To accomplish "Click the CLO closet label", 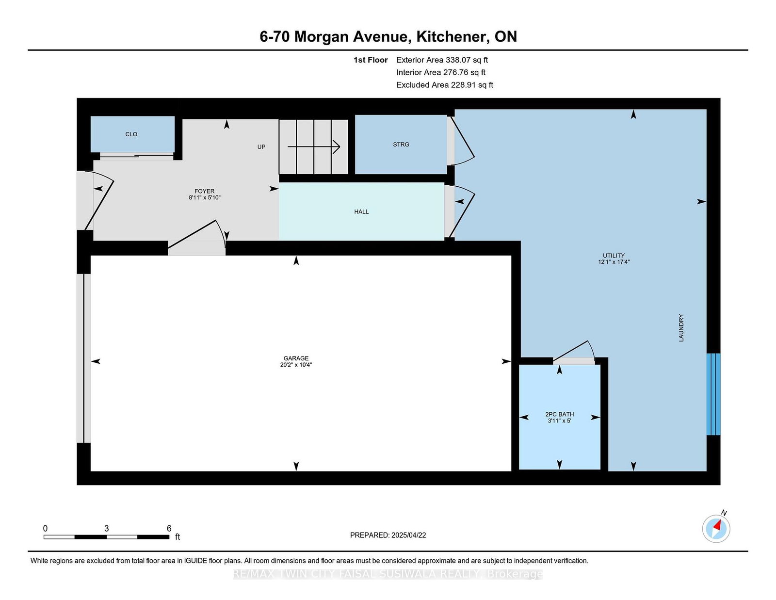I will (x=131, y=134).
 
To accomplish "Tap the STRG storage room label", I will (x=401, y=145).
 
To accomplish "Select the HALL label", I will (x=361, y=212).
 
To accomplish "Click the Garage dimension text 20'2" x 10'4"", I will (x=296, y=365).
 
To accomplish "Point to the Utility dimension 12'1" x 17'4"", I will (x=614, y=262).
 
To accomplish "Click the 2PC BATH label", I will (x=559, y=414).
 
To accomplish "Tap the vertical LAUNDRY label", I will (x=681, y=328).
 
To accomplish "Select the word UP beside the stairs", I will (x=261, y=147).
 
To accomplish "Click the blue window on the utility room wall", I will (x=713, y=394).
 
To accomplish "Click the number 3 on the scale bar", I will (x=106, y=529).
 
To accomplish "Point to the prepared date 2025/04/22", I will (x=408, y=535).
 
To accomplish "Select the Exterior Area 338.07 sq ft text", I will (x=442, y=60).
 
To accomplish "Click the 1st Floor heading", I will (x=371, y=60).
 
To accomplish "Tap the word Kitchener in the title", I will (x=452, y=36).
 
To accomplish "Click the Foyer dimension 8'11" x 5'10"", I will (x=204, y=198).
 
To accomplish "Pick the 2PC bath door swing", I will (x=575, y=352).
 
